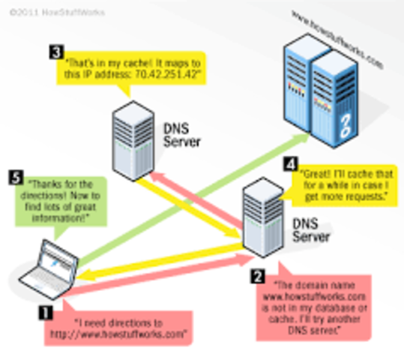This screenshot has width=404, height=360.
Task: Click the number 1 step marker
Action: [x=46, y=305]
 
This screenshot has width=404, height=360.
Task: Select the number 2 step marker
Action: [x=256, y=275]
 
